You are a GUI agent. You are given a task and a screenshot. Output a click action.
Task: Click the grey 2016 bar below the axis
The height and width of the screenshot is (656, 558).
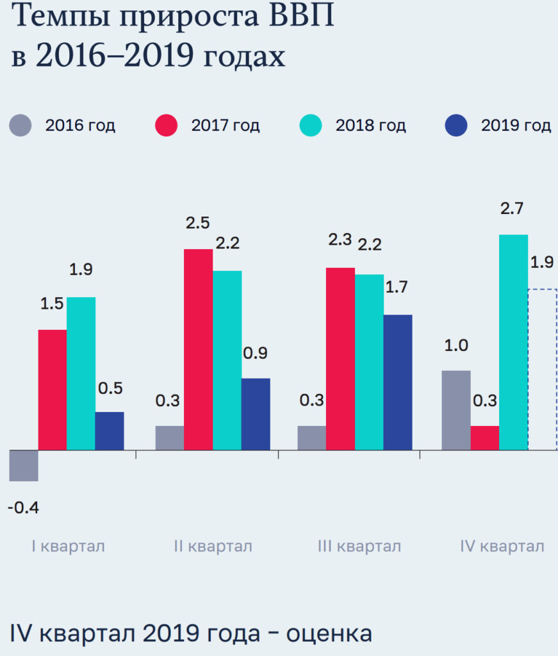click(x=24, y=466)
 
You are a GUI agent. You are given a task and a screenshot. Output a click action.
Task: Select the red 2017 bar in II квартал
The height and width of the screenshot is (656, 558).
click(x=199, y=349)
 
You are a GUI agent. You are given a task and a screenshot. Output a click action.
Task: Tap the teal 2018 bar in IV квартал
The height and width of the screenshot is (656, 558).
click(x=513, y=342)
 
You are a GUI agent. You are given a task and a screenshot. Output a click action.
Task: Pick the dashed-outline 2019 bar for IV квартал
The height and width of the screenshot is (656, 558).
click(x=542, y=370)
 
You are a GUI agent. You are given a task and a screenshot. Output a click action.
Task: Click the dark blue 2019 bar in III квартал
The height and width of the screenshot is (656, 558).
click(x=398, y=382)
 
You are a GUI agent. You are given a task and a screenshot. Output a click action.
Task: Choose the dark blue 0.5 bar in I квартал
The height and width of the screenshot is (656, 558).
click(x=110, y=430)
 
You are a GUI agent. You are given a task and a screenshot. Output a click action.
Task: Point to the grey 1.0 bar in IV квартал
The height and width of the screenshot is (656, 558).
click(x=456, y=410)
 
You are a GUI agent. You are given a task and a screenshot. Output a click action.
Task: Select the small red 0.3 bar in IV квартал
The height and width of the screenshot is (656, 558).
click(x=485, y=438)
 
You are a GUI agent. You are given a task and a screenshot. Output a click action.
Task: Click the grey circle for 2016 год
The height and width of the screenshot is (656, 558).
click(x=21, y=125)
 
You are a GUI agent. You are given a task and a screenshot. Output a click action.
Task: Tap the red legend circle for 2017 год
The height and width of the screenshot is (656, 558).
click(x=167, y=125)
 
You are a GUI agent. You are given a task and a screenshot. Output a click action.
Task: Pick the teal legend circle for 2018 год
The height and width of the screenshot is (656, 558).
click(x=311, y=125)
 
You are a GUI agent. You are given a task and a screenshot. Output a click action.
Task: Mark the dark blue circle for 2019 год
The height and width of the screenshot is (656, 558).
click(x=456, y=125)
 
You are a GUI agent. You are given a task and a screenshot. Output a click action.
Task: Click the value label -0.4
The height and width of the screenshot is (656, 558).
click(x=24, y=508)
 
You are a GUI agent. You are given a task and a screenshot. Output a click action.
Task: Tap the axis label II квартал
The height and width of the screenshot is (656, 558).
click(x=213, y=546)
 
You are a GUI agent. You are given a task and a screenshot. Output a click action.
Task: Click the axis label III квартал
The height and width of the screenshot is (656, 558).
click(x=359, y=546)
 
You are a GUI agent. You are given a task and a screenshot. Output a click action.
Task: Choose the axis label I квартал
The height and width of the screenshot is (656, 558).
click(x=68, y=546)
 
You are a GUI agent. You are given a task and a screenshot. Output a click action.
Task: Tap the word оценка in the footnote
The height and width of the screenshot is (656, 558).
click(x=329, y=634)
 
